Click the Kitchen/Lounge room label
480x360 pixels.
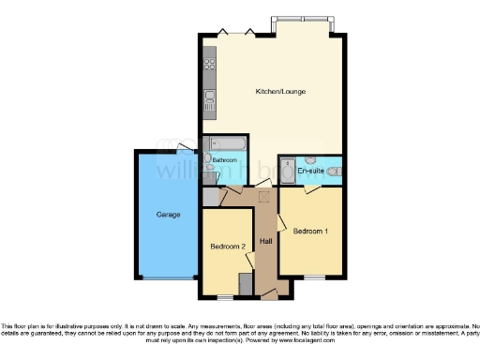point(281,91)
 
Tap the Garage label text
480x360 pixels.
point(167,215)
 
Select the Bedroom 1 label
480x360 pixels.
point(310,231)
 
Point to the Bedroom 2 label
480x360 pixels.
point(227,247)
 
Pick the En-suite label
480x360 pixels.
point(310,172)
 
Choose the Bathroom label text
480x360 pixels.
point(225,160)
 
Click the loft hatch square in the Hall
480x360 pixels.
point(263,196)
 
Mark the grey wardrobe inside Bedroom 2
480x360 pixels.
point(246,283)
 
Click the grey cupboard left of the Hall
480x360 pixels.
point(210,196)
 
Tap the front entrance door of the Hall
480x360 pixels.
point(270,296)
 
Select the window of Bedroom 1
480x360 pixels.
point(312,277)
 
